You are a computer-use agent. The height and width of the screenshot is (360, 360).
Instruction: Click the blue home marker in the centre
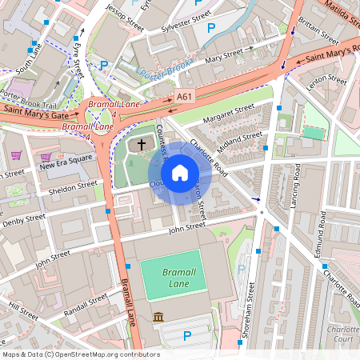coord(180,173)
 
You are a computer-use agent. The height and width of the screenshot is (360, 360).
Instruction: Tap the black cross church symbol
coord(142,145)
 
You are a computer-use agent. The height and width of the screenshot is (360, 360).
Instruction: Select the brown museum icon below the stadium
coord(158,318)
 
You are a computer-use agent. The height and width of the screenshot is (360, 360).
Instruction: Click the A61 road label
coord(185,97)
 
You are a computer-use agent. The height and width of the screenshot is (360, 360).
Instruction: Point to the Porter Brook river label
coord(164,77)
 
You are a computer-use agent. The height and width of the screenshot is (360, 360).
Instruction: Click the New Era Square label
coord(69,164)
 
